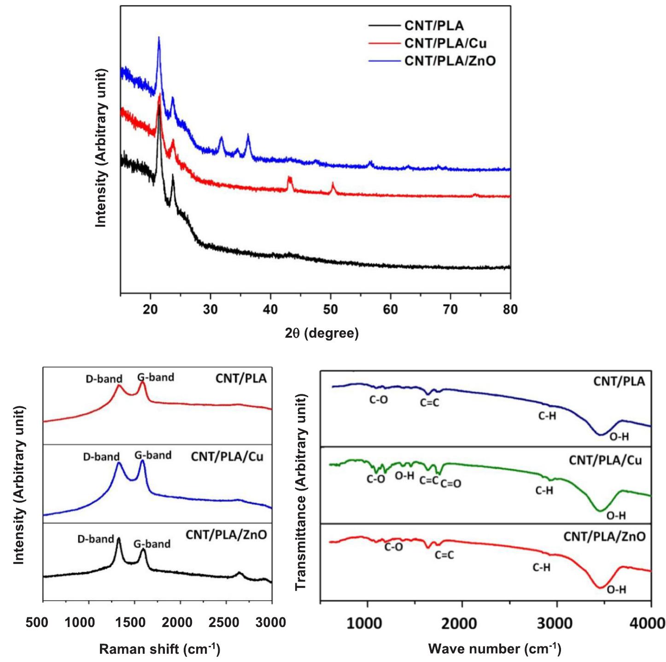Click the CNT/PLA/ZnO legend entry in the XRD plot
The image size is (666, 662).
click(x=450, y=61)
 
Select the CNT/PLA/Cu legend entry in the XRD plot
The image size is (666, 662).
click(x=445, y=43)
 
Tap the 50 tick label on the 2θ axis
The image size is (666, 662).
click(x=330, y=310)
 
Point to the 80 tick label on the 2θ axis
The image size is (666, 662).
click(x=510, y=310)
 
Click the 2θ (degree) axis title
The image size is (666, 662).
click(x=321, y=333)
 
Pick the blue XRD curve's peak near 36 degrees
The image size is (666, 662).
click(x=248, y=135)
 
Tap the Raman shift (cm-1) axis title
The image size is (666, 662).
click(x=159, y=649)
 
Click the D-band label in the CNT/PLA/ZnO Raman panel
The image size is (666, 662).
click(x=95, y=539)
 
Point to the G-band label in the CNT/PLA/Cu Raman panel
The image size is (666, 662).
click(x=153, y=456)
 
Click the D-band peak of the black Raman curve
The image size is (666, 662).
click(x=118, y=539)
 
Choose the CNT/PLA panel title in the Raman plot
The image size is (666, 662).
click(x=241, y=379)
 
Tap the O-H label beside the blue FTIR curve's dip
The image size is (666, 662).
click(x=619, y=437)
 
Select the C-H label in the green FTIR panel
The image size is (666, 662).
click(x=544, y=491)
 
